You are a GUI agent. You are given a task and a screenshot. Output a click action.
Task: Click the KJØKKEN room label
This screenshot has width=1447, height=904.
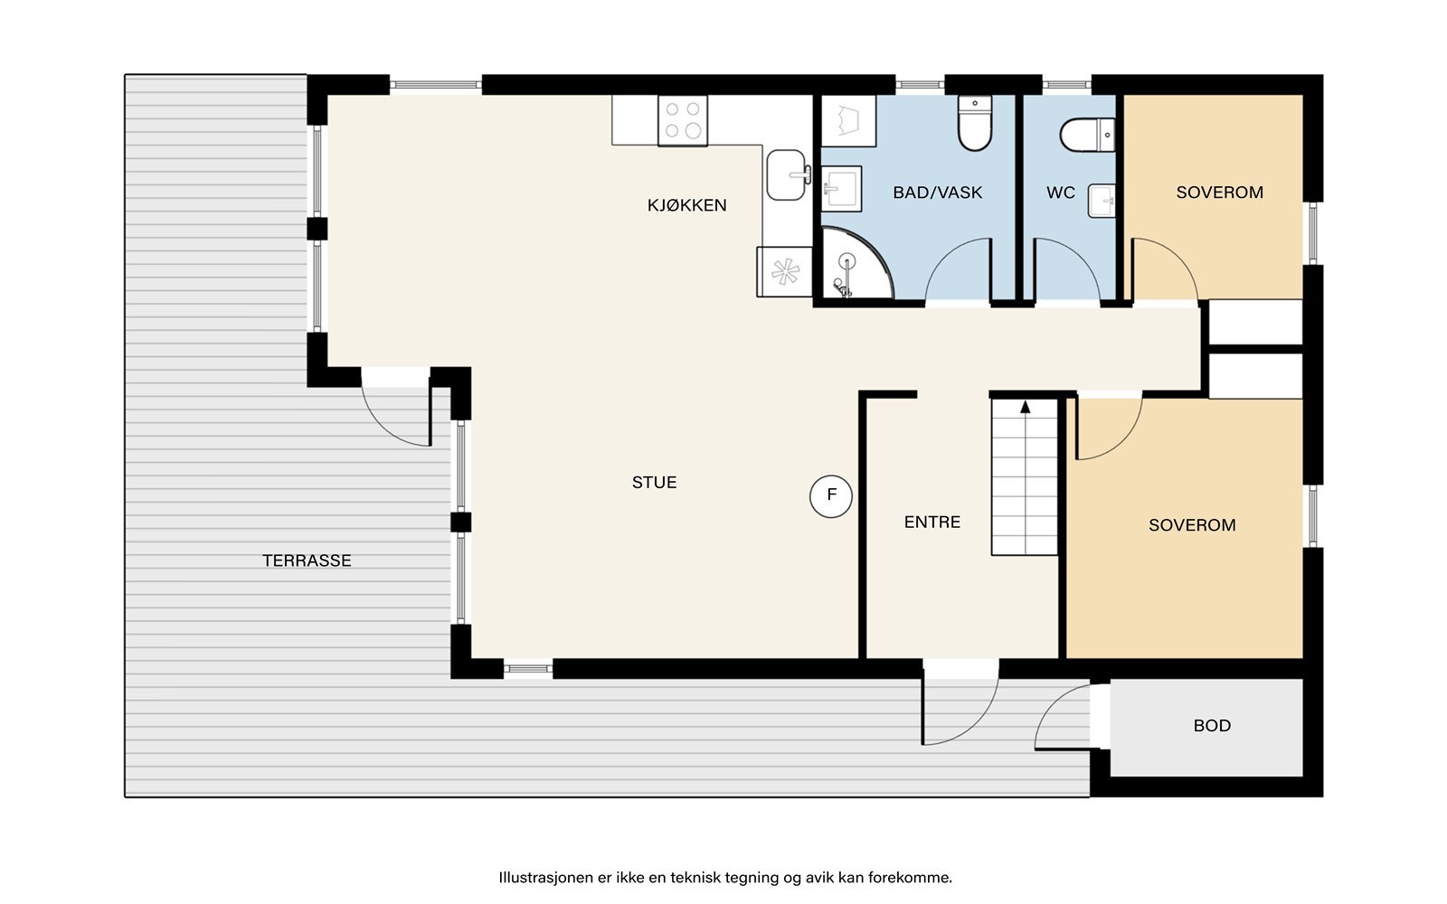coord(686,205)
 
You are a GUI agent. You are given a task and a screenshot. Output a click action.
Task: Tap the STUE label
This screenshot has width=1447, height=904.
coord(655,483)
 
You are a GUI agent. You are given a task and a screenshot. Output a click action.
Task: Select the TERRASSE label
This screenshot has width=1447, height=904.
coord(307,560)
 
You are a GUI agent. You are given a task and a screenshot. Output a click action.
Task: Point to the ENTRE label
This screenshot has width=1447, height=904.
coord(932,522)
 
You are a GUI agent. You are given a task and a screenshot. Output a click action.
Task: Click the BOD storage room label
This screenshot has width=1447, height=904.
coord(1212,726)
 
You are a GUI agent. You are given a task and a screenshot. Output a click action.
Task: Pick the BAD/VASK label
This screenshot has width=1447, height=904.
coord(937,193)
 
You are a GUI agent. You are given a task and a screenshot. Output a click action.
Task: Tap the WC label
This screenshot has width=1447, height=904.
coord(1061,193)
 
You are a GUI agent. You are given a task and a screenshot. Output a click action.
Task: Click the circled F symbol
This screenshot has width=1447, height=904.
coord(831,496)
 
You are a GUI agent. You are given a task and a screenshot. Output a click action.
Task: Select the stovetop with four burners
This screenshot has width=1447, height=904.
coord(683,121)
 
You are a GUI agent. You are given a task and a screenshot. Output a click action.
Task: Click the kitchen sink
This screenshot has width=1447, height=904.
coord(787,175)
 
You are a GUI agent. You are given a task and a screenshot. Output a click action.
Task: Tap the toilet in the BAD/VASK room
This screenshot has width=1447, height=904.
coord(975,123)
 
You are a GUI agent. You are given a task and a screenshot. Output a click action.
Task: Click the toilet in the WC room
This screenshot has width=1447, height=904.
coord(1087,135)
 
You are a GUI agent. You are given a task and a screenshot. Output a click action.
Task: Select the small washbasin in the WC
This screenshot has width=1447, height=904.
coord(1102,201)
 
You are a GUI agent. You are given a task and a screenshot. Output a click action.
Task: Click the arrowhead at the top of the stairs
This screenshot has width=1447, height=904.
coord(1026,407)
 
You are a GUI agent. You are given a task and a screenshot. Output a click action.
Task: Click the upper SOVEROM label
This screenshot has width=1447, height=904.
coord(1220,193)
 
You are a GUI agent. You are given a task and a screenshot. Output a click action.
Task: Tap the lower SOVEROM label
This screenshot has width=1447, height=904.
coord(1193,525)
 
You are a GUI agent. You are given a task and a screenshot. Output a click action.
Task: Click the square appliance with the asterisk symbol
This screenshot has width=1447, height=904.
coord(785,272)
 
